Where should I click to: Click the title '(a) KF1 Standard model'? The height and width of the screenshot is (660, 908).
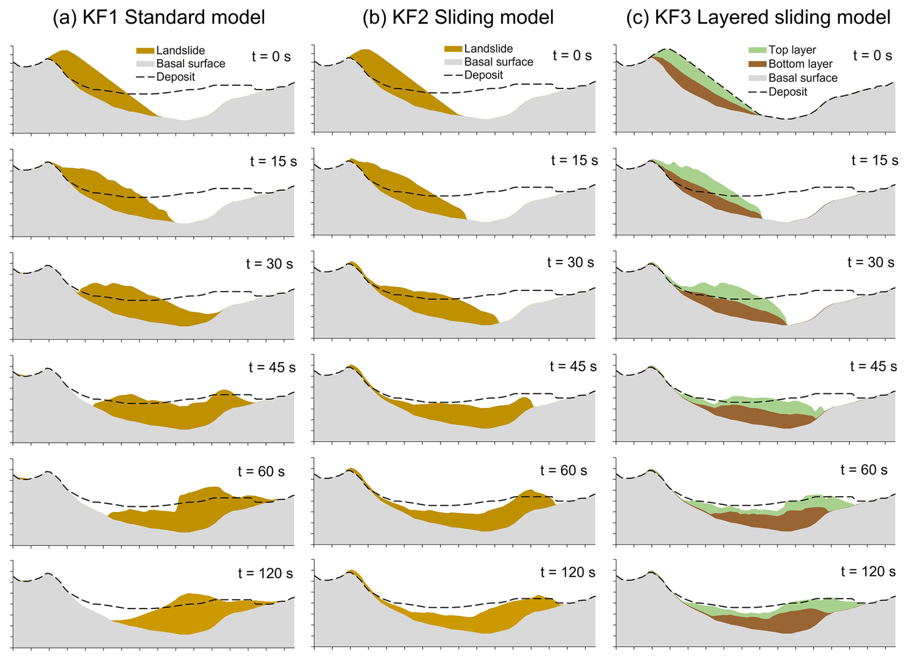tap(158, 17)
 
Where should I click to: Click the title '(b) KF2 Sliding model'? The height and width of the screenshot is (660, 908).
tap(458, 17)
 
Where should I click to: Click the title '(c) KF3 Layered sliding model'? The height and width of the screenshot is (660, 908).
tap(758, 17)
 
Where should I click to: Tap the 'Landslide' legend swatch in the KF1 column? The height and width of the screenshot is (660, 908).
tap(145, 50)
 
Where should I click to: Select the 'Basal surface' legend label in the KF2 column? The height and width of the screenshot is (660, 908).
tap(499, 62)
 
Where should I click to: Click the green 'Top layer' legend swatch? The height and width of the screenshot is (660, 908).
tap(757, 50)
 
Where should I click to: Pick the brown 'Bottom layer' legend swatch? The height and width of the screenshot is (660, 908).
tap(757, 64)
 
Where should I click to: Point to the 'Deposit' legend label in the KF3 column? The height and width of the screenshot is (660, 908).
tap(788, 92)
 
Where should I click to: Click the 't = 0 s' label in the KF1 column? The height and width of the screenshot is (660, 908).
tap(271, 57)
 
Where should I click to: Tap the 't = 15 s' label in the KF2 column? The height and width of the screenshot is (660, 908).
tap(574, 160)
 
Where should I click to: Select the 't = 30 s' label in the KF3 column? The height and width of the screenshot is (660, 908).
tap(871, 262)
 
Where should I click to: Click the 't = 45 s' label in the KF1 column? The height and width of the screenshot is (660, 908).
tap(272, 367)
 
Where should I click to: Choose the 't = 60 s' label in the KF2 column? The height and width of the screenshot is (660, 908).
tap(563, 470)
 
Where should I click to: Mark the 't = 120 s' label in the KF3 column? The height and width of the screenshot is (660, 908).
tap(868, 572)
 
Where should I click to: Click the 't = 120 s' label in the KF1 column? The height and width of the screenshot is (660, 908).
tap(265, 573)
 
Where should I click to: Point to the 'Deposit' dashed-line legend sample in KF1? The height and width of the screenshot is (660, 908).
tap(145, 77)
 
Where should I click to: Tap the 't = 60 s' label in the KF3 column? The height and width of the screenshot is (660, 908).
tap(864, 470)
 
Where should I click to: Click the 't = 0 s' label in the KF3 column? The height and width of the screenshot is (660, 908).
tap(872, 56)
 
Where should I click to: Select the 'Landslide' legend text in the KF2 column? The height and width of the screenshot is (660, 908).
tap(488, 49)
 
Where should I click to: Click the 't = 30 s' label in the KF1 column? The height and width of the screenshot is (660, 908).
tap(269, 264)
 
